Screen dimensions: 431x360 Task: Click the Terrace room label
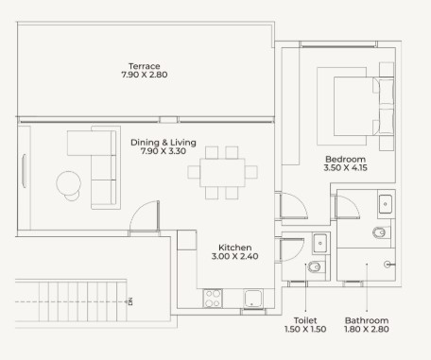[x=145, y=66]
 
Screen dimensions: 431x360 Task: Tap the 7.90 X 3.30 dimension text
[x=164, y=151]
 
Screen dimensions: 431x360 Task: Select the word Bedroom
[x=345, y=159]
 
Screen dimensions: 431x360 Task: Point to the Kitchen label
[x=235, y=248]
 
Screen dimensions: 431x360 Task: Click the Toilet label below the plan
[x=305, y=320]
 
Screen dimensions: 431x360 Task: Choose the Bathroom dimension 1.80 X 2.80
[x=367, y=329]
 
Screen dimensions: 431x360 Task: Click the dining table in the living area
[x=222, y=173]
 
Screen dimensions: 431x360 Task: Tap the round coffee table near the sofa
[x=68, y=183]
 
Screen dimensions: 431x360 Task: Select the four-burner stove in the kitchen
[x=213, y=299]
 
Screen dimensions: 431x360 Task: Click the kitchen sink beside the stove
[x=252, y=299]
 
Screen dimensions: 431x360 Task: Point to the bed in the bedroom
[x=364, y=106]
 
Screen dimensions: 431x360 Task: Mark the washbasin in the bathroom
[x=386, y=204]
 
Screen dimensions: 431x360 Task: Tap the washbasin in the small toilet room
[x=320, y=243]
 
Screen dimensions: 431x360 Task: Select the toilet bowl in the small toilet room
[x=315, y=267]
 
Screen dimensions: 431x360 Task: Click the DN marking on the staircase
[x=130, y=301]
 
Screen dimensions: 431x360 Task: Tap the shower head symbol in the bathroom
[x=388, y=265]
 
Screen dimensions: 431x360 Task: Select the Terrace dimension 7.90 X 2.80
[x=145, y=75]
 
